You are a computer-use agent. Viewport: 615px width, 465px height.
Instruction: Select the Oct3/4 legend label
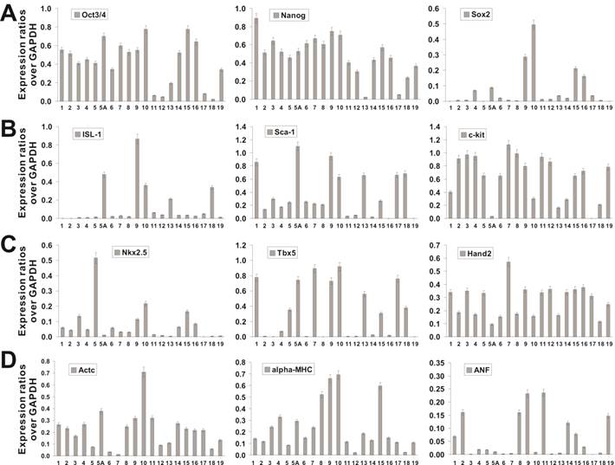click(97, 15)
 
